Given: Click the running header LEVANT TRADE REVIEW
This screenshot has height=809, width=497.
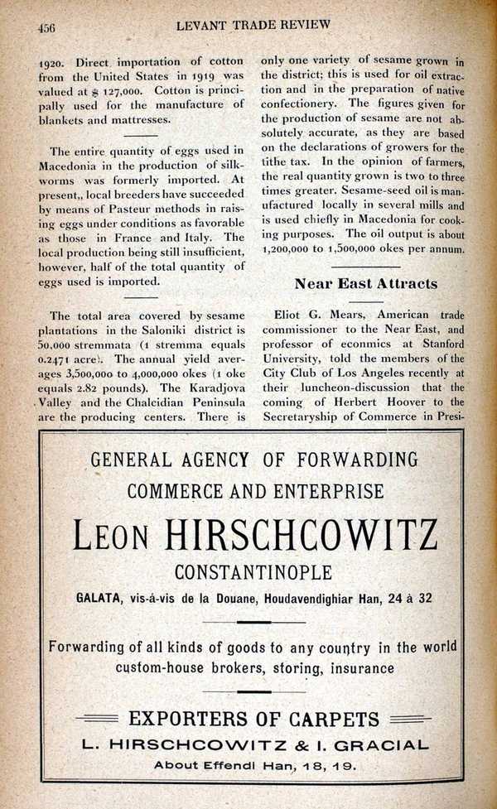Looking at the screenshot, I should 253,25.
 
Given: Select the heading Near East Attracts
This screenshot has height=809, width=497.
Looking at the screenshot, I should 365,283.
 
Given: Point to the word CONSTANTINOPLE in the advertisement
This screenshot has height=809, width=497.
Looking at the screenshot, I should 253,572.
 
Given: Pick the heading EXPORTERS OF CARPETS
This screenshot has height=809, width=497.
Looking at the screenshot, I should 253,719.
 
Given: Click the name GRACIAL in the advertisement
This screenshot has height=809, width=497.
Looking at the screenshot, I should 384,745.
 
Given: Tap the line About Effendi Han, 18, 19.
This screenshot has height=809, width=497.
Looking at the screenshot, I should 254,766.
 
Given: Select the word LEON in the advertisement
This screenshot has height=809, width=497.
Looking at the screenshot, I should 111,536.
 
